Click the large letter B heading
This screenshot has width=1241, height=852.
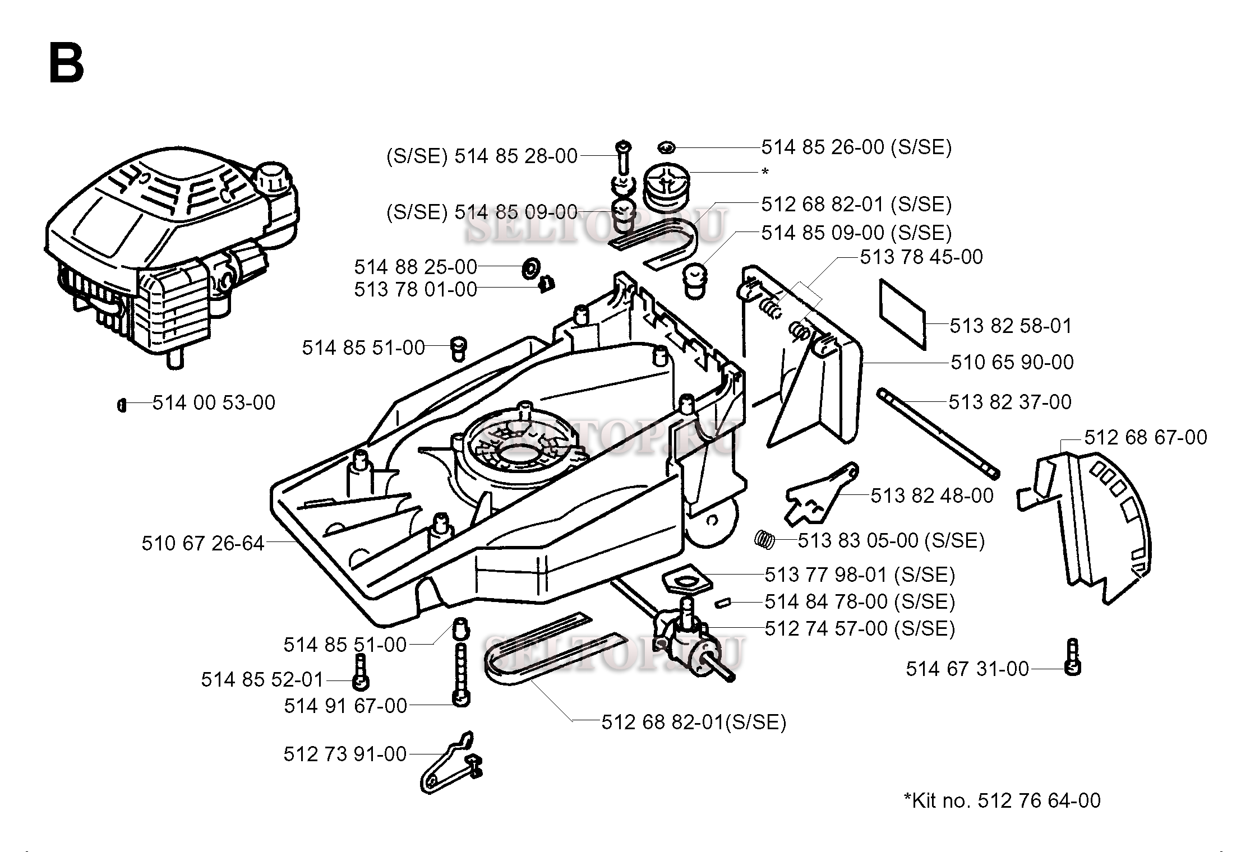click(x=67, y=64)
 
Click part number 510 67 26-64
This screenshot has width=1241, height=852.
click(x=202, y=543)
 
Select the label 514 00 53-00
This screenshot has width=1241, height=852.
click(x=214, y=402)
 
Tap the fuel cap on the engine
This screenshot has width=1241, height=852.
click(x=274, y=179)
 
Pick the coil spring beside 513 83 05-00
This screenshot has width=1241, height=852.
click(x=764, y=539)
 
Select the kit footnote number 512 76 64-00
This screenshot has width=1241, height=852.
click(x=1039, y=800)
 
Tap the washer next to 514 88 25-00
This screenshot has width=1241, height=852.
click(x=529, y=268)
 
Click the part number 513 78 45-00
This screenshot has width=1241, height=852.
click(x=921, y=257)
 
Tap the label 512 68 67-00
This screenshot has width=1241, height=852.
click(x=1145, y=437)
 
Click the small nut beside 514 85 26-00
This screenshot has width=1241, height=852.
click(x=666, y=147)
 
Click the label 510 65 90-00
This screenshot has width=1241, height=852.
click(x=1012, y=362)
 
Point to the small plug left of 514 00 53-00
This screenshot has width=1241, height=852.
click(x=122, y=404)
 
